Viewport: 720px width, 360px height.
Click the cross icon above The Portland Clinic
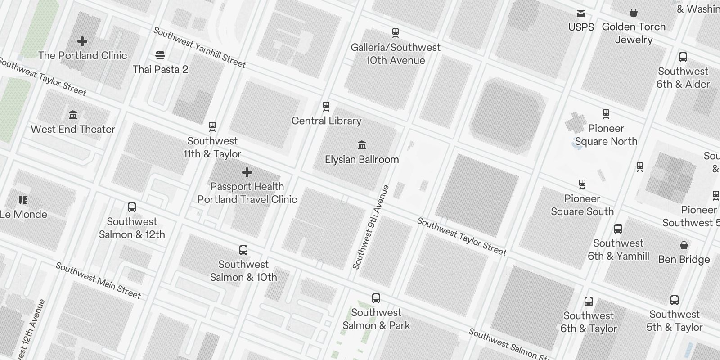click(x=82, y=41)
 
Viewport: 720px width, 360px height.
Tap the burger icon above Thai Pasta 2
click(x=160, y=55)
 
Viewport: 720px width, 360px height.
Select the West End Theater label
click(x=73, y=130)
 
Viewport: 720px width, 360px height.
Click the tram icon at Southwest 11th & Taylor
click(x=212, y=126)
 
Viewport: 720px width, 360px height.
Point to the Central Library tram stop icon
click(x=326, y=107)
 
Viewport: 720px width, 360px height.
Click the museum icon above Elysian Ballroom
click(x=362, y=145)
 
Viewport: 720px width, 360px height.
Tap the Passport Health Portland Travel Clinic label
click(x=247, y=193)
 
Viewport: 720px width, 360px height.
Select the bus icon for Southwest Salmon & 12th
click(x=132, y=207)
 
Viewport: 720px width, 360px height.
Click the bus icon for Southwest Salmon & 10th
click(x=243, y=250)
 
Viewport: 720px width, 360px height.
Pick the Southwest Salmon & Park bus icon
click(x=376, y=298)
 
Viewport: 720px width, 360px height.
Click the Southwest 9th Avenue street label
click(x=371, y=227)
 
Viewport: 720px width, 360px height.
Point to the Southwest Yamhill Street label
click(x=200, y=47)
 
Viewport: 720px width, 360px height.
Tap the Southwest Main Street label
click(x=98, y=281)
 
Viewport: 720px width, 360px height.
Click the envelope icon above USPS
click(x=581, y=13)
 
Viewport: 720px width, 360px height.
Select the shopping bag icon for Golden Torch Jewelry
click(x=634, y=13)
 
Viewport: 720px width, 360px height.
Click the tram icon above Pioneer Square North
click(x=606, y=114)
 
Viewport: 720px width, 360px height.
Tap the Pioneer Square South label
click(x=582, y=205)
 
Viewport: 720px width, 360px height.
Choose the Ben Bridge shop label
click(x=684, y=260)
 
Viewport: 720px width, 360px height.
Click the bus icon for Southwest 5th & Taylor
click(x=675, y=300)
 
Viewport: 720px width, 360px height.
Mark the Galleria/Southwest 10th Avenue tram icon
click(x=396, y=33)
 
